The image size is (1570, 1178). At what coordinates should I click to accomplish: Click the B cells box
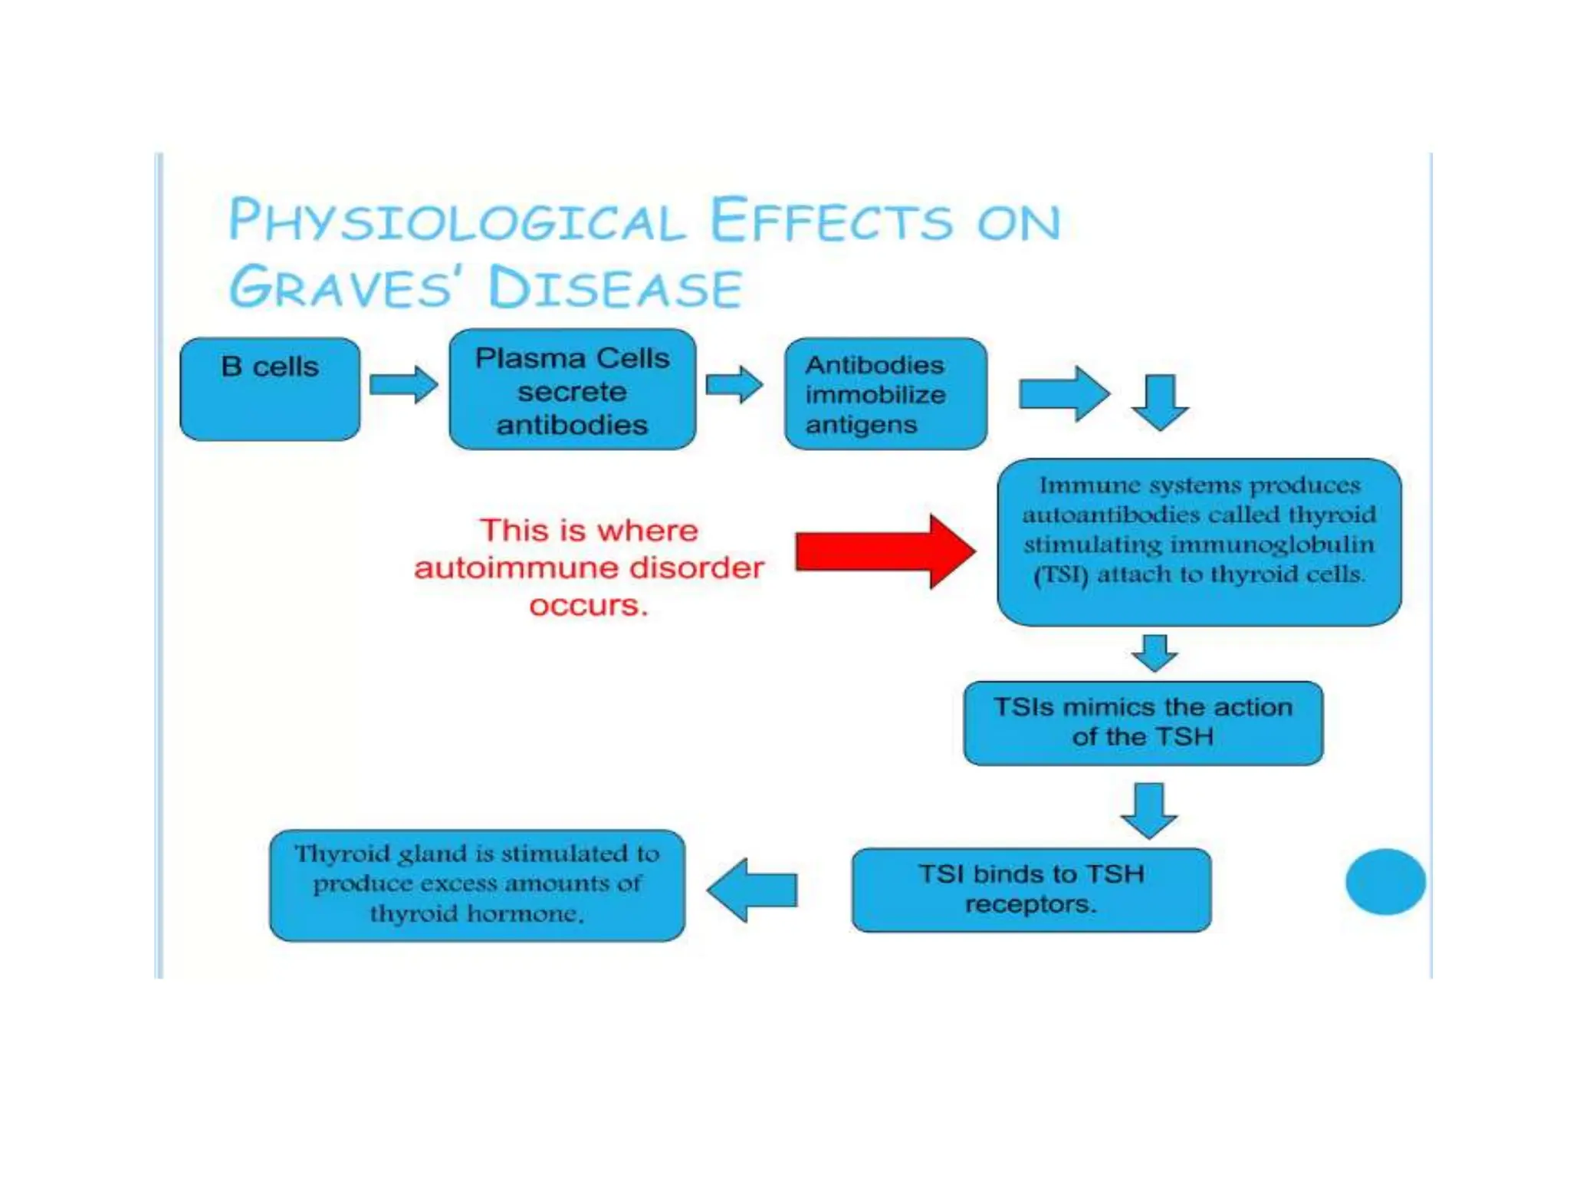click(270, 389)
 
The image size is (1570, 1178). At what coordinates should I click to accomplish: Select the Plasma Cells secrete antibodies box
click(572, 390)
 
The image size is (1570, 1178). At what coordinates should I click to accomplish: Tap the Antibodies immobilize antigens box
click(885, 393)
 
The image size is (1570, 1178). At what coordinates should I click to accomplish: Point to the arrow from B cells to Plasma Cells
click(403, 383)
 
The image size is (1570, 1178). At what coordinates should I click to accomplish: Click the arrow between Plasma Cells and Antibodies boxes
click(734, 383)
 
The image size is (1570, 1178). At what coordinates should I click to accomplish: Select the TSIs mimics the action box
click(1143, 722)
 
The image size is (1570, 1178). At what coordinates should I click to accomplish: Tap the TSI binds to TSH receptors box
click(1031, 890)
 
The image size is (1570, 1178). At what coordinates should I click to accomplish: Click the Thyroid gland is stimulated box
click(477, 885)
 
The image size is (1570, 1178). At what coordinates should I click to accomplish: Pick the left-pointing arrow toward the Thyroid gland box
click(752, 890)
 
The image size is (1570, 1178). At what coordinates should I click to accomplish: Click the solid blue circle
click(1385, 881)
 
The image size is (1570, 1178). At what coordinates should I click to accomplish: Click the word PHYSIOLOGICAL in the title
click(457, 221)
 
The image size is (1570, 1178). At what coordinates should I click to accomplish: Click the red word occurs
click(588, 606)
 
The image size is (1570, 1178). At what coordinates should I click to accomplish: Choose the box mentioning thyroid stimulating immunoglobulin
click(1199, 541)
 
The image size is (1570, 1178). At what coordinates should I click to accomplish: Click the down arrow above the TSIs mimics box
click(1155, 653)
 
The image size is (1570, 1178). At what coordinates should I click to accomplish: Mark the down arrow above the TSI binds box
click(1148, 810)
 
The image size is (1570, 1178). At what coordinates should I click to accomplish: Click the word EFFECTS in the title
click(832, 221)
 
